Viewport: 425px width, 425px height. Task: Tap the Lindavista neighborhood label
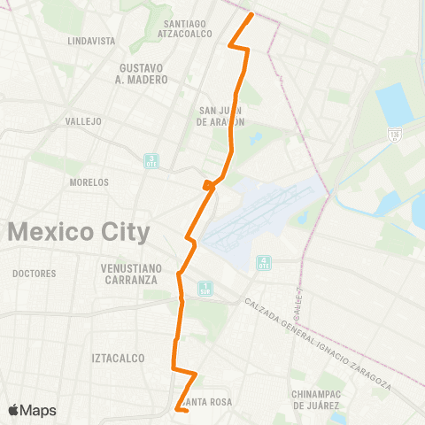pyautogui.click(x=91, y=41)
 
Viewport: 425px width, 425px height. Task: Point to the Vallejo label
pyautogui.click(x=84, y=120)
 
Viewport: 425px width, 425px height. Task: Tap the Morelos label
pyautogui.click(x=89, y=182)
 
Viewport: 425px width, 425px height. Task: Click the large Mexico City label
pyautogui.click(x=79, y=233)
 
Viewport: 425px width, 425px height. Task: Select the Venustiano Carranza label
pyautogui.click(x=128, y=274)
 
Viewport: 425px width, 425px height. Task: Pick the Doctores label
pyautogui.click(x=35, y=274)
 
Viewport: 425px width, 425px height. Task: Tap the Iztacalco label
pyautogui.click(x=112, y=358)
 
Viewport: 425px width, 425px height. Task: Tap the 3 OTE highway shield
pyautogui.click(x=151, y=161)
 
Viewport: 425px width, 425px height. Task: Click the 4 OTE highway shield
pyautogui.click(x=264, y=262)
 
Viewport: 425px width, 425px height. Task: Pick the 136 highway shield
pyautogui.click(x=392, y=135)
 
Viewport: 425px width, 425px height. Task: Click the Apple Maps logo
pyautogui.click(x=32, y=410)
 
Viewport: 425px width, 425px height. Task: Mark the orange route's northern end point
pyautogui.click(x=251, y=15)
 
